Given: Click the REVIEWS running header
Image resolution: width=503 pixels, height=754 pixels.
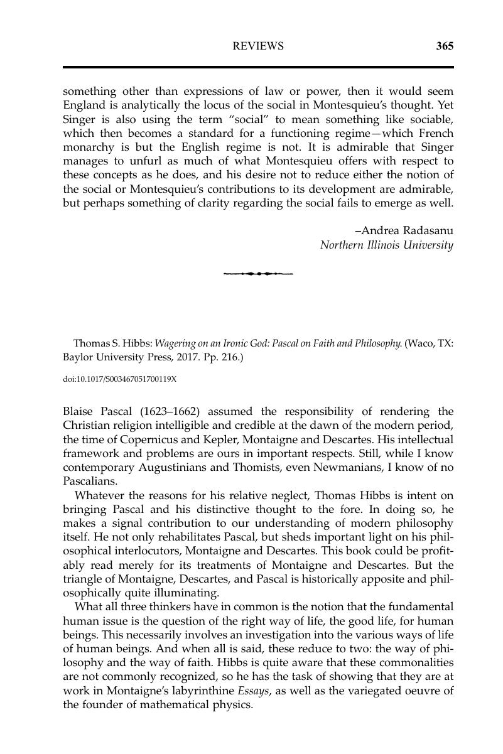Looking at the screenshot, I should click(258, 46).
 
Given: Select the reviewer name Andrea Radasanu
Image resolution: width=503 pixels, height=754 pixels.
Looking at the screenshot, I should click(403, 230).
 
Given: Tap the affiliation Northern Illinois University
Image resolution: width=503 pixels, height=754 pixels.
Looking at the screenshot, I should click(386, 245).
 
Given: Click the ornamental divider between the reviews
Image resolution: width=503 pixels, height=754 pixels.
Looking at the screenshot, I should click(258, 274).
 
